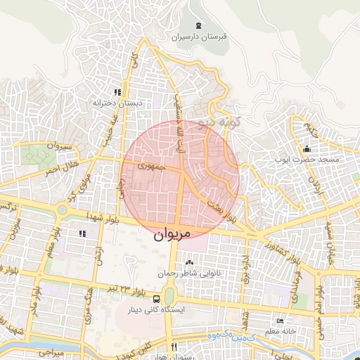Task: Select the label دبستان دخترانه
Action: [x=117, y=103]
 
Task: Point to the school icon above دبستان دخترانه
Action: [x=117, y=91]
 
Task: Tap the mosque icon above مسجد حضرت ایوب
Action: [x=307, y=149]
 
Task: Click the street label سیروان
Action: [x=59, y=146]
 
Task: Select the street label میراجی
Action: [x=50, y=349]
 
